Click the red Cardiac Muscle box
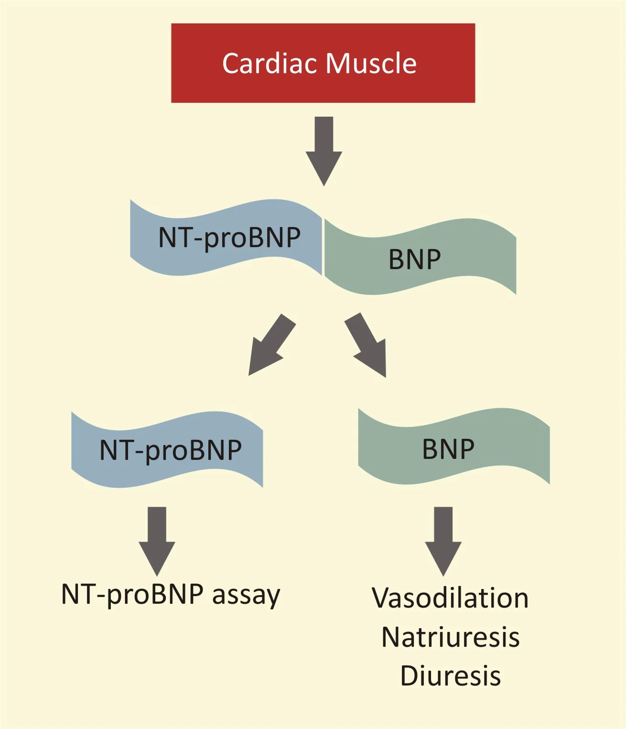point(323,63)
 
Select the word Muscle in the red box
point(371,64)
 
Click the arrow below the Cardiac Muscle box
point(324,151)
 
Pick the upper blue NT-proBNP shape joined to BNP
point(226,238)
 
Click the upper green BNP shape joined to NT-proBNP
point(420,256)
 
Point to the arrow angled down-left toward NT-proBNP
point(272,345)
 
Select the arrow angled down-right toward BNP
point(366,345)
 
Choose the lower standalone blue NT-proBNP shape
point(167,450)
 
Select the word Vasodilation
point(450,598)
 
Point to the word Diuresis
point(451,676)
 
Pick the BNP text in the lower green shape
point(448,449)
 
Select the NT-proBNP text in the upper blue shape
point(229,239)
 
